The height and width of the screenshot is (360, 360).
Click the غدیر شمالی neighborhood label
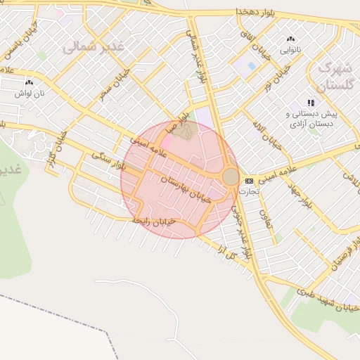[93, 47]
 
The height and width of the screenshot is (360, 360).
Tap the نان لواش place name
[31, 93]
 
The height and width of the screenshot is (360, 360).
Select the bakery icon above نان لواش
[29, 82]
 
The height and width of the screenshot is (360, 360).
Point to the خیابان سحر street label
[115, 84]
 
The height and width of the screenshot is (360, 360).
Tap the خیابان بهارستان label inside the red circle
[186, 189]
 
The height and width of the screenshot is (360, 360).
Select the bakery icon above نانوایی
[290, 39]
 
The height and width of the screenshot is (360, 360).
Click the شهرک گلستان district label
[333, 77]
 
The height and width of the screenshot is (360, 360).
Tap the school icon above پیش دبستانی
[311, 103]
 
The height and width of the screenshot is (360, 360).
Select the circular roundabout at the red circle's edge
[231, 176]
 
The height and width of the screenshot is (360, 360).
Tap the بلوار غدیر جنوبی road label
[243, 232]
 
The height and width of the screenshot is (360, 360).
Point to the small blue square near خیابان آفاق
[252, 65]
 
